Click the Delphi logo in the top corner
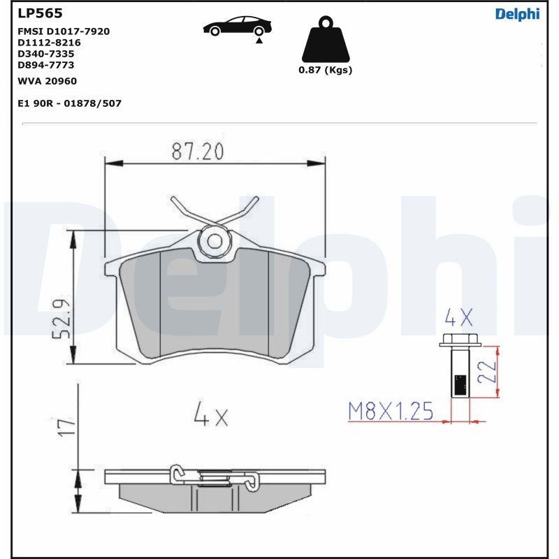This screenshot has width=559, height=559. [517, 14]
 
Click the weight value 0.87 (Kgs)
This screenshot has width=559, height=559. [325, 70]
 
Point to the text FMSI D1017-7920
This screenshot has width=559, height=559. [63, 31]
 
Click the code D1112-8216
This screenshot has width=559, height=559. [49, 43]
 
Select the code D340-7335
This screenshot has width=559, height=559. [46, 54]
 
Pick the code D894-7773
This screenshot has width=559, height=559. [46, 65]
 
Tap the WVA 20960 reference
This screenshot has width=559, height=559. [47, 81]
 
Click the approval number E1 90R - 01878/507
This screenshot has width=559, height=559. [69, 103]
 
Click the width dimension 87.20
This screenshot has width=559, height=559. [198, 150]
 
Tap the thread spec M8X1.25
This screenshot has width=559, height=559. [391, 411]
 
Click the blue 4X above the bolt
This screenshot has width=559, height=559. [459, 319]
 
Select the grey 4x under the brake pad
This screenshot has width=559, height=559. [211, 417]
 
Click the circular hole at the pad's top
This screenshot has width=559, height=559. [215, 241]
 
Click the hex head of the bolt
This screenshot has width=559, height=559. [459, 341]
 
